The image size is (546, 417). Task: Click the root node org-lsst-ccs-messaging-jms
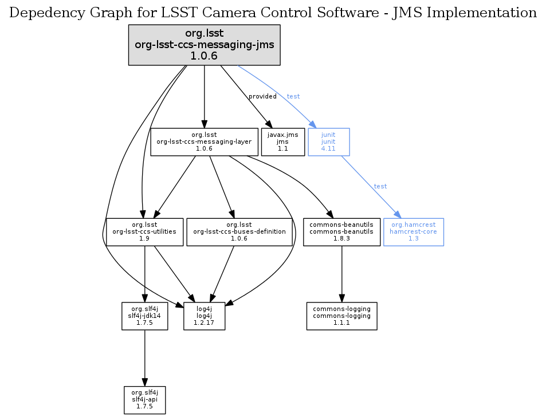[x=204, y=45]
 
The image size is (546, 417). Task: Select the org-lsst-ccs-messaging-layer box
[x=204, y=141]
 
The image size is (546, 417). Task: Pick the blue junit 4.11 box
[x=328, y=141]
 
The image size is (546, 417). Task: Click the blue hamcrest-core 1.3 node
[x=413, y=231]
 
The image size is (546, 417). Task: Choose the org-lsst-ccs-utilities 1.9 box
[x=144, y=231]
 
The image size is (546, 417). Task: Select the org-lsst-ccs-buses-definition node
[x=238, y=231]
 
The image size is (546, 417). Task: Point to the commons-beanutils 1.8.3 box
[x=341, y=231]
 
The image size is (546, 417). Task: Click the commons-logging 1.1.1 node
[x=341, y=316]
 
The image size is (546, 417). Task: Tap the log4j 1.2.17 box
[x=203, y=316]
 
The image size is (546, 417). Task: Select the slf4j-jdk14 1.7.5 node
[x=144, y=316]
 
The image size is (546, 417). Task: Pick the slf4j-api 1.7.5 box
[x=144, y=400]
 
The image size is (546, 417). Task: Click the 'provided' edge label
[x=262, y=96]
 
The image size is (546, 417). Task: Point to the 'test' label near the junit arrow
[x=293, y=96]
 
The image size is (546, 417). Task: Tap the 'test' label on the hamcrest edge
[x=380, y=186]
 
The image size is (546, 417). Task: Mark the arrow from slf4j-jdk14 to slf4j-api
[x=144, y=358]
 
